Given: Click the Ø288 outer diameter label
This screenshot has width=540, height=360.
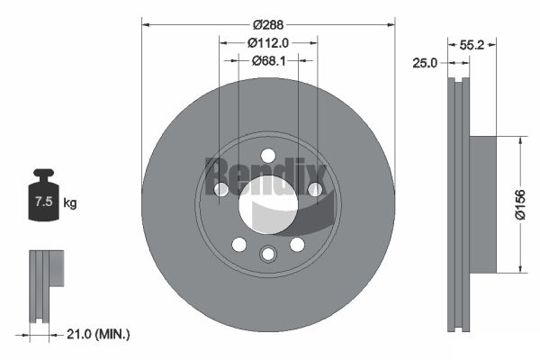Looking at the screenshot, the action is pyautogui.click(x=268, y=25).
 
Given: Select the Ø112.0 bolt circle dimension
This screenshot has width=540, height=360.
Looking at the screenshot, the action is pyautogui.click(x=268, y=43).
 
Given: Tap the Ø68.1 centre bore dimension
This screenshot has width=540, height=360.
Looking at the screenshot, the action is pyautogui.click(x=268, y=61).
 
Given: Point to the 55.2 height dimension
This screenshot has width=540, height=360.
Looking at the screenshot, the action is pyautogui.click(x=472, y=45).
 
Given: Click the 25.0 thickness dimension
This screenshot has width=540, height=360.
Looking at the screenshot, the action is pyautogui.click(x=425, y=63).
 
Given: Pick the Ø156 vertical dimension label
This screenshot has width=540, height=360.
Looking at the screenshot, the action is pyautogui.click(x=520, y=204).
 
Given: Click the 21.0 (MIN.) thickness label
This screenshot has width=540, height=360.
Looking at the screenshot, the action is pyautogui.click(x=98, y=334).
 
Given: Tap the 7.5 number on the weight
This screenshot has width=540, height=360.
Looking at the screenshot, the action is pyautogui.click(x=44, y=202).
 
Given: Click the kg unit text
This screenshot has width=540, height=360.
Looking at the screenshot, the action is pyautogui.click(x=70, y=202).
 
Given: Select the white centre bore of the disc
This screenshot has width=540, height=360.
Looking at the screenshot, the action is pyautogui.click(x=268, y=204).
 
